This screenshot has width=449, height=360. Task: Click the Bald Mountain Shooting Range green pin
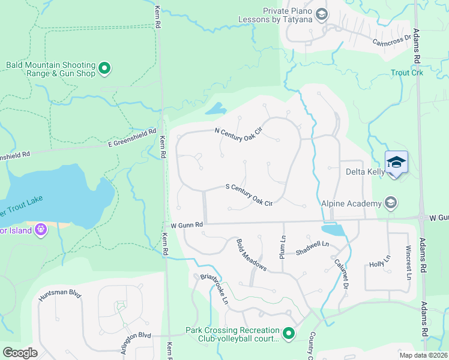point(104,69)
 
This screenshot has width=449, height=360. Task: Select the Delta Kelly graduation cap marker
point(396,162)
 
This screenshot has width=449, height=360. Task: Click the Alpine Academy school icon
point(391,203)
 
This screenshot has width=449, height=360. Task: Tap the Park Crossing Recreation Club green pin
point(289,334)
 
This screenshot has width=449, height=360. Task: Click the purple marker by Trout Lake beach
point(40,229)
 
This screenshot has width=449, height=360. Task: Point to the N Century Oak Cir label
point(239,134)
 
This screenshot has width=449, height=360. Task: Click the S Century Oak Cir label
point(249,194)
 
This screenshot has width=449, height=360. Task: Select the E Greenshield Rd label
point(132,137)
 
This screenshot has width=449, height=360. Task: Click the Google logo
point(20,353)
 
